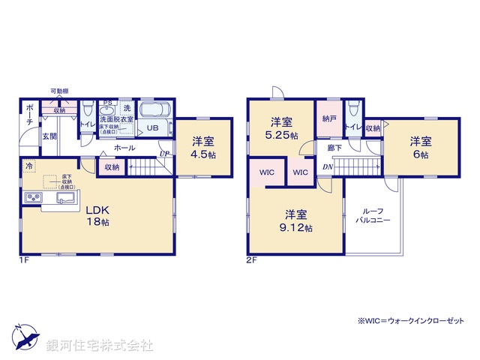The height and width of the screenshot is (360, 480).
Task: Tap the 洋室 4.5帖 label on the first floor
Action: tap(203, 147)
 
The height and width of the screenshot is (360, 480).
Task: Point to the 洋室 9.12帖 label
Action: tap(298, 221)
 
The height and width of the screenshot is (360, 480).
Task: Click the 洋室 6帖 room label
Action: tap(420, 147)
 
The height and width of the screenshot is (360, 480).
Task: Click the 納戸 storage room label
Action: tap(328, 118)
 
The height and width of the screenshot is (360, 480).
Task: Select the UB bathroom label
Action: tap(152, 128)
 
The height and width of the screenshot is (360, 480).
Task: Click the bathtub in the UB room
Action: tap(156, 110)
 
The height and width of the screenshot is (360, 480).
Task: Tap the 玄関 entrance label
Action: tap(49, 136)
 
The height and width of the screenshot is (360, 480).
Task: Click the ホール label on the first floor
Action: tap(124, 148)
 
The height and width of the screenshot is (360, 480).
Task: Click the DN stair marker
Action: tap(328, 166)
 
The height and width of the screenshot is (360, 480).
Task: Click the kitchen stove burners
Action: tap(34, 198)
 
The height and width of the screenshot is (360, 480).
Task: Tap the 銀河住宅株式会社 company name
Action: tap(100, 346)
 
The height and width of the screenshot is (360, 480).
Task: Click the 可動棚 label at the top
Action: tap(60, 91)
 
